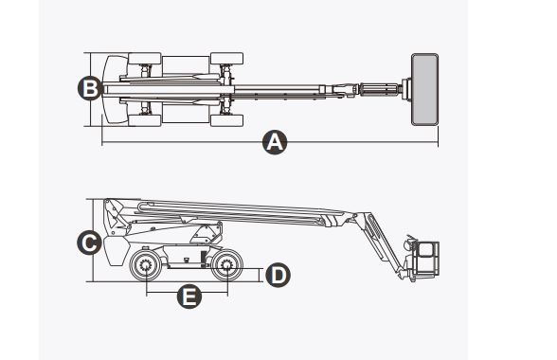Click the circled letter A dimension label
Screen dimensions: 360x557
click(x=274, y=143)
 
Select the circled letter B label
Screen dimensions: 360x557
click(x=88, y=89)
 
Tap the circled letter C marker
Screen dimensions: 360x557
click(x=88, y=243)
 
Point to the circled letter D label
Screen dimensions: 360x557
click(x=277, y=275)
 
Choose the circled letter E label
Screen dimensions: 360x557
click(x=189, y=297)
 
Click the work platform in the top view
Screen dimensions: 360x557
click(x=424, y=89)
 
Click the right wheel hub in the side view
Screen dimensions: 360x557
click(x=226, y=267)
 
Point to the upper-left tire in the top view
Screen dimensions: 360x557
click(x=138, y=59)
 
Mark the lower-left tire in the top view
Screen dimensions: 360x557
click(x=138, y=119)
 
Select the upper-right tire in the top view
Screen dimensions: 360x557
click(x=226, y=59)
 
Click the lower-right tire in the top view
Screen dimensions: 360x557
click(x=226, y=119)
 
